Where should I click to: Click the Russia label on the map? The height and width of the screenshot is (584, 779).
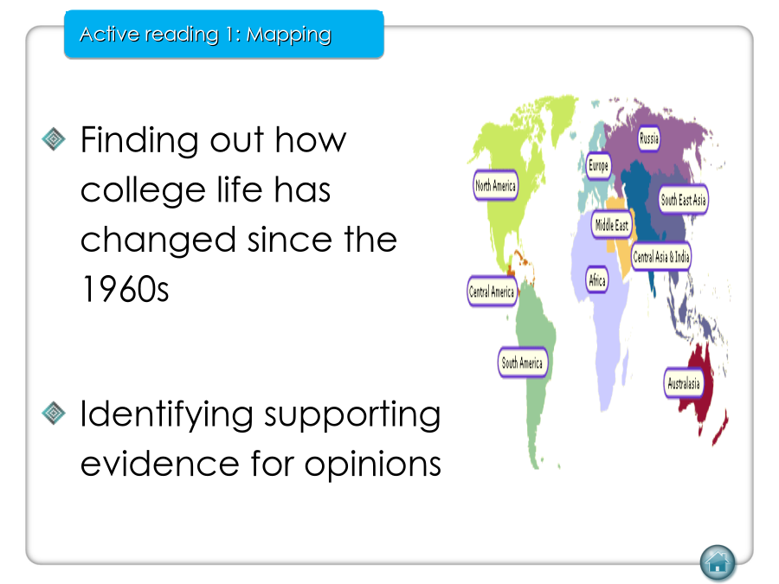[x=649, y=138]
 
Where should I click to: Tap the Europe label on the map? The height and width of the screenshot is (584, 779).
[x=598, y=165]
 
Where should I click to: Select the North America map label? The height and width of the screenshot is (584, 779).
[x=495, y=186]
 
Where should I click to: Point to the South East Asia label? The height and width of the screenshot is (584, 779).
[x=683, y=200]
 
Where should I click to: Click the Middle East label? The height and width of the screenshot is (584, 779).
[x=612, y=225]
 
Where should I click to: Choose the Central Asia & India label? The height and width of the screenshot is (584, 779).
[x=660, y=257]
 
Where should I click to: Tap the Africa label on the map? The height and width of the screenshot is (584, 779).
[x=596, y=280]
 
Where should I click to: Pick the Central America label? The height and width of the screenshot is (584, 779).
[x=492, y=292]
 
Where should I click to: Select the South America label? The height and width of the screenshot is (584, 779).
[x=522, y=363]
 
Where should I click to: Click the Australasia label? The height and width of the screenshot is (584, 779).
[x=684, y=383]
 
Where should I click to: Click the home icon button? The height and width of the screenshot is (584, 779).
[x=718, y=562]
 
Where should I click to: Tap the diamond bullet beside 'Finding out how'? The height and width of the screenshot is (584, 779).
[x=54, y=139]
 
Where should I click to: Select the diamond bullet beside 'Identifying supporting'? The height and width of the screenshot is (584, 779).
[x=54, y=414]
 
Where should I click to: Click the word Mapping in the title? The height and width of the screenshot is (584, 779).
[x=288, y=35]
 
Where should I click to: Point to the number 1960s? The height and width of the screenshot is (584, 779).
[x=125, y=290]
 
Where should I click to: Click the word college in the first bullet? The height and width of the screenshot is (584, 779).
[x=143, y=191]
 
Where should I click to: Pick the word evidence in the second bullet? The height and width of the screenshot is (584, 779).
[x=160, y=464]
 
